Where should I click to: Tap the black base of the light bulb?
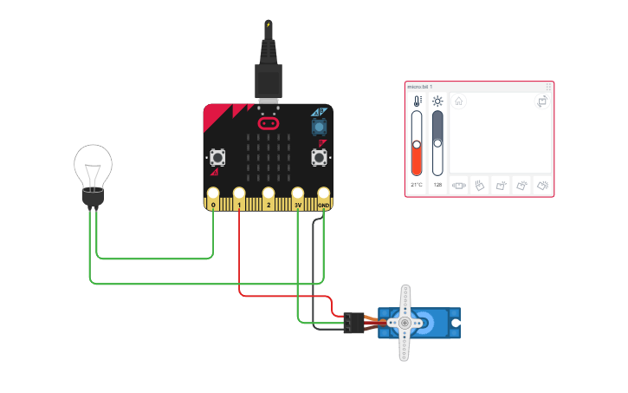point(93,199)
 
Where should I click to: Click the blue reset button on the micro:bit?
point(320,126)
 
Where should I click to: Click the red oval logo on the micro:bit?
point(269,113)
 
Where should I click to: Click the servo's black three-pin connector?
point(353,323)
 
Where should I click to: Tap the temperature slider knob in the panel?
point(417,145)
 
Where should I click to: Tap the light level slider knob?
point(437,143)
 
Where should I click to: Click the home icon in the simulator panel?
point(459,102)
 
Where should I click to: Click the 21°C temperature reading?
point(417,185)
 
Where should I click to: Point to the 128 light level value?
point(437,185)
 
